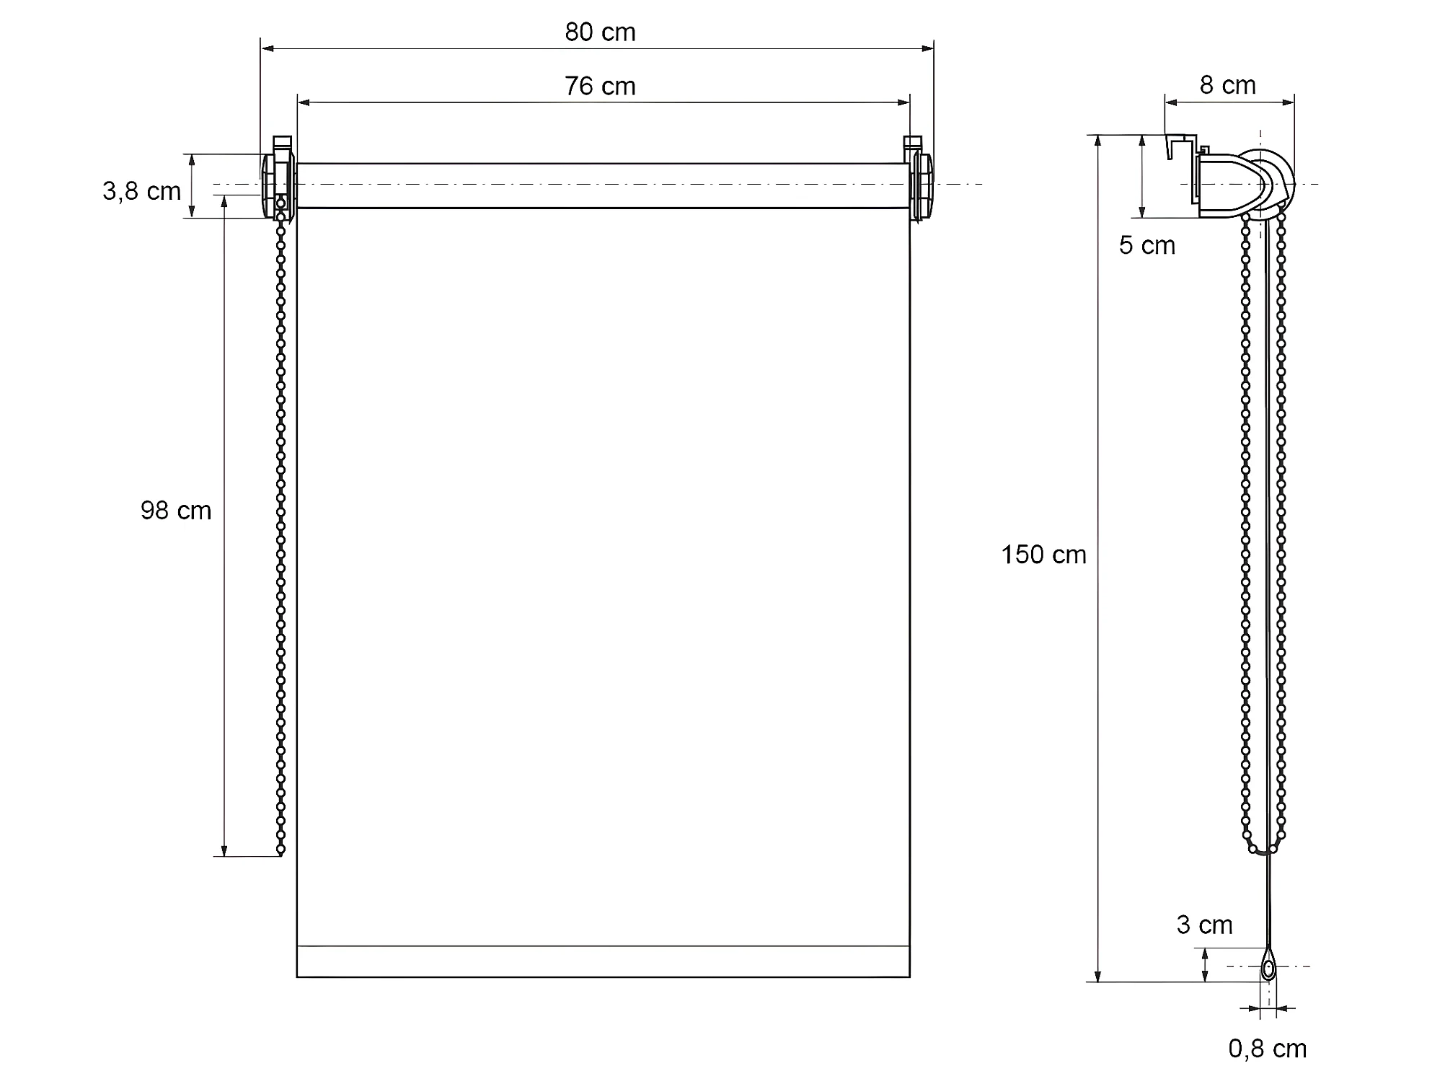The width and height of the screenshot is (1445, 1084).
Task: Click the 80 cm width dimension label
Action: (x=600, y=32)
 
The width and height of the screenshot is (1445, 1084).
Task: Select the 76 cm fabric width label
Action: (x=600, y=86)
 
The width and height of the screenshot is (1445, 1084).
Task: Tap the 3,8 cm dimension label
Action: (x=141, y=191)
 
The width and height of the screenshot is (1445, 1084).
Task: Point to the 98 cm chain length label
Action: (x=176, y=511)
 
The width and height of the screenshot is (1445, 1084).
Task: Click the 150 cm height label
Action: (x=1043, y=554)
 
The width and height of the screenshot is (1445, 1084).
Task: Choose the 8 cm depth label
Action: (x=1228, y=85)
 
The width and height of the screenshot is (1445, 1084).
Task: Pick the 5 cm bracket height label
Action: (x=1147, y=245)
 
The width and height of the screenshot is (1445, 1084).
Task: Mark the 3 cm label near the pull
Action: (x=1204, y=925)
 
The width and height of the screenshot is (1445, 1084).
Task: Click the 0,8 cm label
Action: (x=1268, y=1049)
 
